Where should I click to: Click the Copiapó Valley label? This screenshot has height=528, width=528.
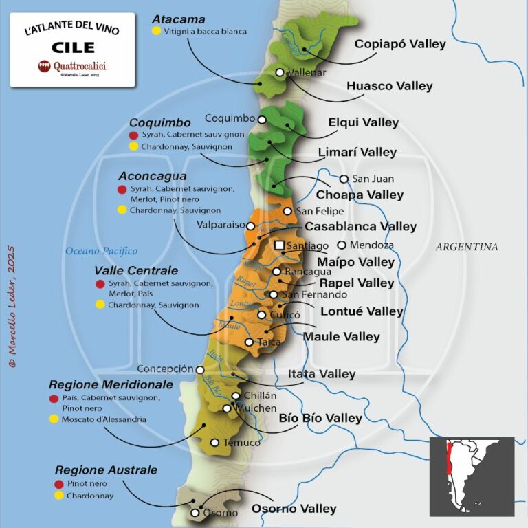(399, 44)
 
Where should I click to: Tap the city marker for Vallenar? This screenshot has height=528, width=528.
(280, 72)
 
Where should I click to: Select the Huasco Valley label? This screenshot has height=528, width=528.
(389, 86)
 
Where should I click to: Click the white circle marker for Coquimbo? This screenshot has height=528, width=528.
(262, 119)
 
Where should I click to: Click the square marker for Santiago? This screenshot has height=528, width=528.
(279, 245)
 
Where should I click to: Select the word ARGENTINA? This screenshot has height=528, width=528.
(466, 247)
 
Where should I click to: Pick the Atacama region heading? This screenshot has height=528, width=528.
(178, 19)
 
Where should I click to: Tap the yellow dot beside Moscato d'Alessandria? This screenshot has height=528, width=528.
(54, 419)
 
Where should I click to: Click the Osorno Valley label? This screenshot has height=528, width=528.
(294, 509)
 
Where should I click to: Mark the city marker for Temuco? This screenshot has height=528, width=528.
(214, 443)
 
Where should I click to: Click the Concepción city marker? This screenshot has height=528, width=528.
(200, 369)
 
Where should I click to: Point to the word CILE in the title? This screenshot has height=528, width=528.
(72, 47)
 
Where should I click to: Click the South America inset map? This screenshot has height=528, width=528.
(472, 476)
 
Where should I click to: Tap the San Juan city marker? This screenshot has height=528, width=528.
(344, 179)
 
